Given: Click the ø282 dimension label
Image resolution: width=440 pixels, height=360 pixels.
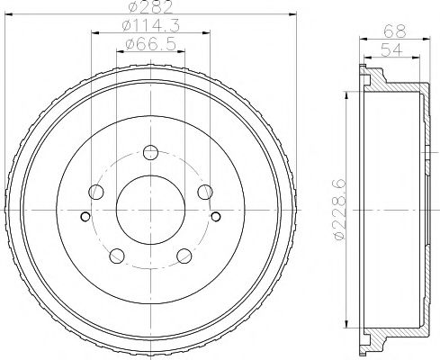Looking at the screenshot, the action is click(150, 6).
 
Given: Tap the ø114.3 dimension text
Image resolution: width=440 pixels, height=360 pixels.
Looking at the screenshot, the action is click(151, 25).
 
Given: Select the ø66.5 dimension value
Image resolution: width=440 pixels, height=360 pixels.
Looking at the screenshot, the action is click(150, 44).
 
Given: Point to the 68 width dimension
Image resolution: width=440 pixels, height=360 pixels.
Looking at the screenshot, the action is click(395, 31).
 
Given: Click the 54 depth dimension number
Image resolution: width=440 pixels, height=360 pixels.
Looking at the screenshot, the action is click(391, 49).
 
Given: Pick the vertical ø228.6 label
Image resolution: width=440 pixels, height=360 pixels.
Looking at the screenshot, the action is click(339, 210).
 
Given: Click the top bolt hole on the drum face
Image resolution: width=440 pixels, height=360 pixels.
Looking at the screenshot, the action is click(150, 152).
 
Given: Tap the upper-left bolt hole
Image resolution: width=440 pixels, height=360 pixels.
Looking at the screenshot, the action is click(96, 192).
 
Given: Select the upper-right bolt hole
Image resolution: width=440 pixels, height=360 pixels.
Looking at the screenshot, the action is click(205, 192).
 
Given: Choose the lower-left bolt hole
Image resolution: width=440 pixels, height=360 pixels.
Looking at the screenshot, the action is click(117, 256).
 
